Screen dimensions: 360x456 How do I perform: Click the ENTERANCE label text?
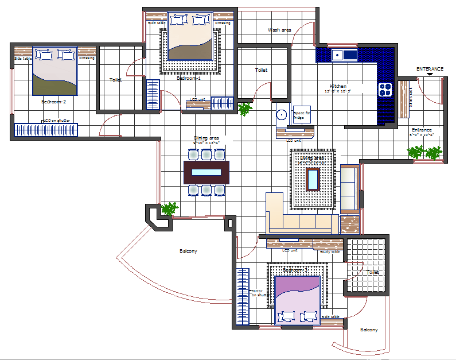pos(430,69)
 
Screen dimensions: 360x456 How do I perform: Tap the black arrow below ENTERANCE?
pos(430,75)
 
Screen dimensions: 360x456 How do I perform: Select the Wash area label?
pos(279,30)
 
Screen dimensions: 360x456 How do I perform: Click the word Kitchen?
pos(338,86)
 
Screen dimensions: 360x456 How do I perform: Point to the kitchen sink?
pos(342,55)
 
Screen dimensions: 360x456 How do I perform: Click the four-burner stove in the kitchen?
pos(385,89)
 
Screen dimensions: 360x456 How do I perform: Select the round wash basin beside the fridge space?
pos(281,114)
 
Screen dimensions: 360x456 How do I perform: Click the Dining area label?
pos(206,138)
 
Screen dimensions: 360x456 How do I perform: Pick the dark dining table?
pos(206,172)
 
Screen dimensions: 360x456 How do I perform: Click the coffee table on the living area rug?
pos(313,179)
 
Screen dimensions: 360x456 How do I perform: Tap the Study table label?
pos(330,251)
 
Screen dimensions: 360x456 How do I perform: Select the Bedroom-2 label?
pos(54,102)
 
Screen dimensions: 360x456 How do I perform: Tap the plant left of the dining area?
pos(169,208)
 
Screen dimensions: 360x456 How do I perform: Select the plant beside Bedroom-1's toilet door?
pos(245,109)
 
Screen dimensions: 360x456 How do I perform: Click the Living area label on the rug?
pos(313,159)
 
